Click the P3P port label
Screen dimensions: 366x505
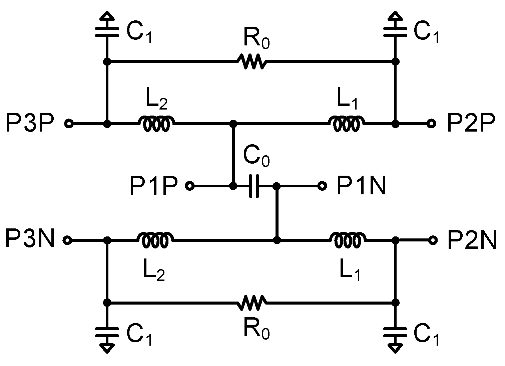(30, 123)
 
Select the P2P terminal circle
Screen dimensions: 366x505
(431, 124)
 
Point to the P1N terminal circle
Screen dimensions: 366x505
(322, 186)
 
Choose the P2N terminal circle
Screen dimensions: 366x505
(433, 240)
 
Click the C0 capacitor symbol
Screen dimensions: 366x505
(254, 186)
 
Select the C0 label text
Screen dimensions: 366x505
(256, 157)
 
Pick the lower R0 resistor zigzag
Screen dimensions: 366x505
(251, 303)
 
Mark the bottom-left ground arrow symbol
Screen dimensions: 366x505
(107, 348)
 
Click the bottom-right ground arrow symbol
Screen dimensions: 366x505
(395, 348)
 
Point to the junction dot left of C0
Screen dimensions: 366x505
(233, 186)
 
